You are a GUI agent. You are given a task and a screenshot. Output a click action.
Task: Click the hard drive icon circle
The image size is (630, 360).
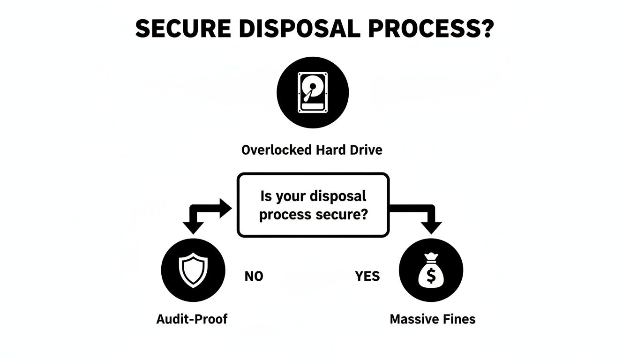click(x=313, y=92)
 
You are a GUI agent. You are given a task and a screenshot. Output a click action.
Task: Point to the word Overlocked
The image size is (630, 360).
click(x=276, y=150)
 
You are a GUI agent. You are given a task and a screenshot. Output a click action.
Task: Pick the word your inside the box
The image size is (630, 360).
click(x=289, y=196)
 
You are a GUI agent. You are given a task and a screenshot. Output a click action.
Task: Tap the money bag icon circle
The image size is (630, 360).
click(x=431, y=271)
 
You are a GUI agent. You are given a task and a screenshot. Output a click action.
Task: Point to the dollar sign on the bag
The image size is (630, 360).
click(x=431, y=276)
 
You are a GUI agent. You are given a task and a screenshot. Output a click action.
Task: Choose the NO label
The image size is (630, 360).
click(x=254, y=277)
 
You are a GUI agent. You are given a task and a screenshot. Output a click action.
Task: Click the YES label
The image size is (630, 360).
click(x=367, y=277)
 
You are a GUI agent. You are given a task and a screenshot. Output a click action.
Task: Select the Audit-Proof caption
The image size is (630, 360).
click(x=192, y=319)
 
